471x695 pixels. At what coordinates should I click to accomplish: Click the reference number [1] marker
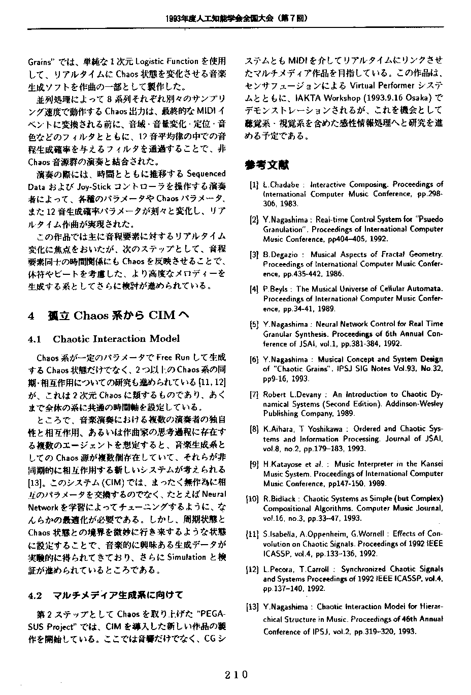click(x=254, y=185)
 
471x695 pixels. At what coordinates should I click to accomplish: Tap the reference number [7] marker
click(x=254, y=394)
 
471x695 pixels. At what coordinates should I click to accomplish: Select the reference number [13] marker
click(x=253, y=607)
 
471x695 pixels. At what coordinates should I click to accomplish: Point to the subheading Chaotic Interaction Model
click(x=116, y=339)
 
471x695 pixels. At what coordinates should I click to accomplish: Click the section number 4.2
click(x=36, y=595)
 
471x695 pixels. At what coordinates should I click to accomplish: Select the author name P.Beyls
click(x=277, y=289)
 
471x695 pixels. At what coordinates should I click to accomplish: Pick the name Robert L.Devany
click(x=292, y=394)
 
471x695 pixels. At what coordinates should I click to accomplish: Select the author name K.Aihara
click(x=277, y=429)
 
